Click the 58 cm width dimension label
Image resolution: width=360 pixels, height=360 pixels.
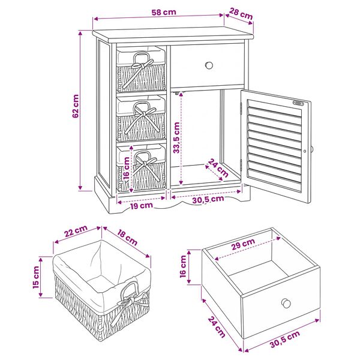164,12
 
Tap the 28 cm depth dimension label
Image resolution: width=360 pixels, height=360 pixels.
241,14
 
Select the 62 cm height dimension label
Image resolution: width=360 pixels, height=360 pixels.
76,106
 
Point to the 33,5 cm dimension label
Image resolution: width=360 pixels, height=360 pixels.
176,137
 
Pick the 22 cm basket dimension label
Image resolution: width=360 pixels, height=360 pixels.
76,231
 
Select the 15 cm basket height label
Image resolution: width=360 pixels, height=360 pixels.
36,277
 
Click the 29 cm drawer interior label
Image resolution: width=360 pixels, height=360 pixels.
243,244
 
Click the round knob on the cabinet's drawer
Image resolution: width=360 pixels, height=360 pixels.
209,65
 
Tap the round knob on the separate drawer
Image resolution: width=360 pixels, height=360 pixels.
286,303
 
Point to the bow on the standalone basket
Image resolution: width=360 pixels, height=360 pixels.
128,303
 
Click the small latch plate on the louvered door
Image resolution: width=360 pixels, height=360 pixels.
298,103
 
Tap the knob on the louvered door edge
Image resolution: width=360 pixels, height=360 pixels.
312,149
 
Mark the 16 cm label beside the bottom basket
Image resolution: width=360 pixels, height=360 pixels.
126,169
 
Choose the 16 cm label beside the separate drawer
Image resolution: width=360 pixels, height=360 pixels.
183,266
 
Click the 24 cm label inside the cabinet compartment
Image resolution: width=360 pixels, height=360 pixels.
218,168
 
